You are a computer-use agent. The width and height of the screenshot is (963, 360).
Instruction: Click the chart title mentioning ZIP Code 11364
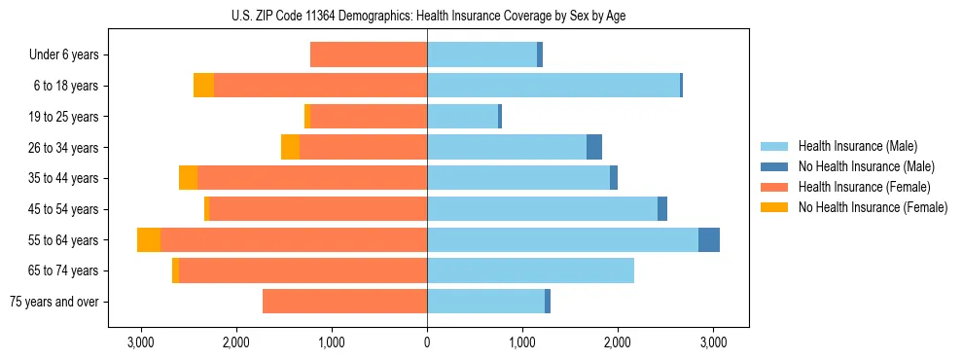coord(427,16)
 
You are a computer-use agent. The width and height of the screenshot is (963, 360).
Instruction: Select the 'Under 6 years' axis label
coord(64,54)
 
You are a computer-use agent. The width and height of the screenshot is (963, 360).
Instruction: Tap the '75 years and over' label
coord(54,302)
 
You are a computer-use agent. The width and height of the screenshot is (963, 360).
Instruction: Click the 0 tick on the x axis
coord(427,342)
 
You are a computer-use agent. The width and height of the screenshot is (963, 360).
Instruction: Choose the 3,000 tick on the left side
coord(141,342)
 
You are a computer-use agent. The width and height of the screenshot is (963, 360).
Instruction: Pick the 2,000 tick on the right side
coord(618,342)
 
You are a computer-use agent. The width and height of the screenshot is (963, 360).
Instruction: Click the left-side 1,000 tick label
coord(332,342)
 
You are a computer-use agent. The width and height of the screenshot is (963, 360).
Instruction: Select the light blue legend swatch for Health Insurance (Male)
coord(774,146)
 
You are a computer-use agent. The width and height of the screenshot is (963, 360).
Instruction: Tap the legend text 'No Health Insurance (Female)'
coord(873,207)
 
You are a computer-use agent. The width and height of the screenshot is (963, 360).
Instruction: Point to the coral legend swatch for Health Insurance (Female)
coord(774,187)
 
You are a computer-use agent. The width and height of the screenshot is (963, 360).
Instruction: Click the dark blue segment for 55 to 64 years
coord(709,239)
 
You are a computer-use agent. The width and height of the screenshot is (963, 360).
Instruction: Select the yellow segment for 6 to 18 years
coord(203,86)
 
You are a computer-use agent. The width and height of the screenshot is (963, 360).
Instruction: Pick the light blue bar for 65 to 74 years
coord(530,270)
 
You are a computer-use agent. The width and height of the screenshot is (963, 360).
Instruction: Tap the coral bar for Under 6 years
coord(369,54)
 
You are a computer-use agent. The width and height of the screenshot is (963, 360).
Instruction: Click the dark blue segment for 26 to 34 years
coord(594,147)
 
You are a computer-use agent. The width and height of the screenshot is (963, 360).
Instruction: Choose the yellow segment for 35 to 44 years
coord(188,178)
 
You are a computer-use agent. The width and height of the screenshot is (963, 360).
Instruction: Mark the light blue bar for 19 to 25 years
coord(462,117)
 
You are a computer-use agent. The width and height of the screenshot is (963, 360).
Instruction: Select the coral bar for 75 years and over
coord(344,302)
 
